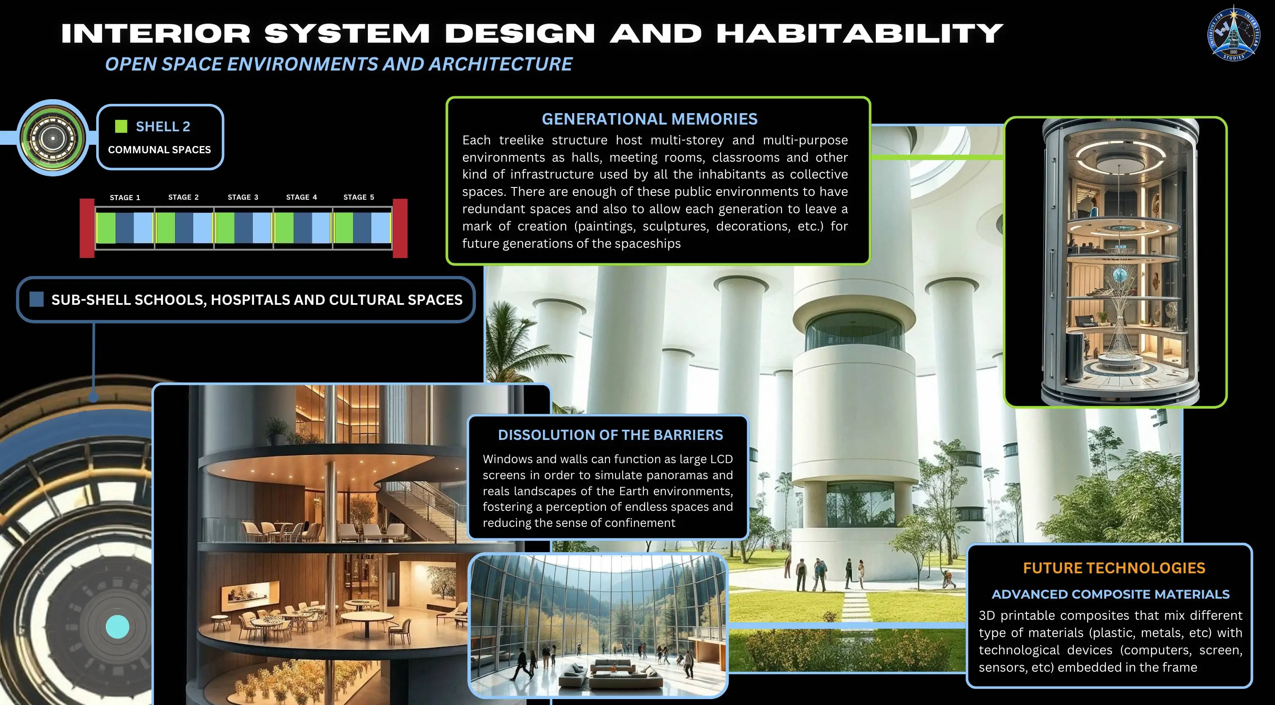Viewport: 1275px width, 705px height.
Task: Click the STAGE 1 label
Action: coord(125,198)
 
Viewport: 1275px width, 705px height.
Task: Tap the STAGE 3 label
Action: coord(243,197)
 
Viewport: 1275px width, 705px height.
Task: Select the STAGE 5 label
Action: coord(358,197)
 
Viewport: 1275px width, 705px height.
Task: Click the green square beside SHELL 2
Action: coord(121,127)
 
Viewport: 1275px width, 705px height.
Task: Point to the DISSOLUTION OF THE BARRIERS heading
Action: coord(610,435)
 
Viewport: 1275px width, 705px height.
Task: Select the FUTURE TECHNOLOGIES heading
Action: coord(1114,568)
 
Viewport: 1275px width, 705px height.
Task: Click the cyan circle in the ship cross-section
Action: coord(117,627)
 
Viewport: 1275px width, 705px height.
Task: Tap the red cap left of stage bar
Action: coord(87,228)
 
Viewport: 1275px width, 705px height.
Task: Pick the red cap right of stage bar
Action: coord(400,228)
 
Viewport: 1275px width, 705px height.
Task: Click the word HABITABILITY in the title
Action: coord(860,34)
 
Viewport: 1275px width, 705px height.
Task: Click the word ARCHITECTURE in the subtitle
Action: coord(500,64)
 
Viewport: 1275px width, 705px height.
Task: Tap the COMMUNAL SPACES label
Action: coord(159,149)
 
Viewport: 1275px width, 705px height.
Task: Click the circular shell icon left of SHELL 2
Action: coord(52,138)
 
